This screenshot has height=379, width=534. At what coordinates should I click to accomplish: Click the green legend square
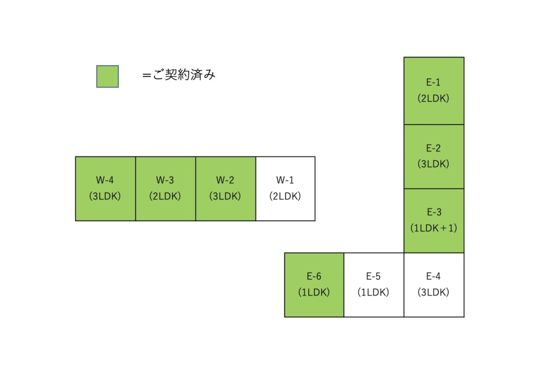pyautogui.click(x=107, y=76)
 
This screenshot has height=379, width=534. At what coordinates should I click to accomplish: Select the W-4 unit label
pyautogui.click(x=105, y=180)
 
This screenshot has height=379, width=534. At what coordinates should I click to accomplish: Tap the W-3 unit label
pyautogui.click(x=165, y=180)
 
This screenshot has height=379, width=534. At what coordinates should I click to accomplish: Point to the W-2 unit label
pyautogui.click(x=225, y=180)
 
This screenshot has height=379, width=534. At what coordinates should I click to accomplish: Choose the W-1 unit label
pyautogui.click(x=285, y=180)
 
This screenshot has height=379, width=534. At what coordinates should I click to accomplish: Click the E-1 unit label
pyautogui.click(x=433, y=82)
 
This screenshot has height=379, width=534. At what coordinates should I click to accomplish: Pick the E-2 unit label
pyautogui.click(x=433, y=148)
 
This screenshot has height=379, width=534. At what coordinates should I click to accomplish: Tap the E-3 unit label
pyautogui.click(x=433, y=212)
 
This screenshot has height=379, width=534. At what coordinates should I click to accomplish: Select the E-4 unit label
pyautogui.click(x=433, y=276)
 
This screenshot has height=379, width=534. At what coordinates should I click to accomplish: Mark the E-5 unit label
pyautogui.click(x=373, y=276)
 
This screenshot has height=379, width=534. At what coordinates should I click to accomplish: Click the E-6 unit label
pyautogui.click(x=314, y=276)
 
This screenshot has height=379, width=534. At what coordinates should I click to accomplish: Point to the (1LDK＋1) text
pyautogui.click(x=433, y=228)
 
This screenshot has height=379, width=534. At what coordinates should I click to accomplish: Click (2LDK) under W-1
pyautogui.click(x=285, y=197)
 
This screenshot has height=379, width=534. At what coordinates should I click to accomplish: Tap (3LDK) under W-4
pyautogui.click(x=105, y=197)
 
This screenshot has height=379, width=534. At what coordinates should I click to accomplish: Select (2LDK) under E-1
pyautogui.click(x=433, y=98)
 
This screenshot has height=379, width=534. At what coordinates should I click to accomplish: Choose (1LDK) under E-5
pyautogui.click(x=373, y=292)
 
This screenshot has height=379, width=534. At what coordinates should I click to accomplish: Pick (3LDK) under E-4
pyautogui.click(x=433, y=292)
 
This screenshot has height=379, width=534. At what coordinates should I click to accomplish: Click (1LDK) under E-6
pyautogui.click(x=314, y=292)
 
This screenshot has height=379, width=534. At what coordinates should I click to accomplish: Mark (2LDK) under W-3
pyautogui.click(x=165, y=197)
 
